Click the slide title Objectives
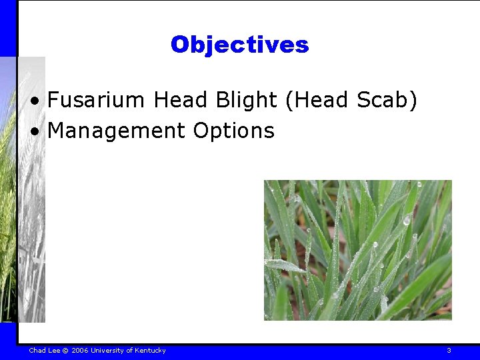[x=239, y=45]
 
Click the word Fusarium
[x=96, y=100]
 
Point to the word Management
[x=116, y=131]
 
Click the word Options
[x=233, y=131]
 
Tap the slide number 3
[x=449, y=351]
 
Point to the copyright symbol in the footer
[x=66, y=351]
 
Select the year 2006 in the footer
[x=80, y=351]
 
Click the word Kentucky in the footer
[x=150, y=351]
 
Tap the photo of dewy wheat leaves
[x=357, y=250]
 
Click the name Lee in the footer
[x=54, y=351]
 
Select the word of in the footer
[x=129, y=351]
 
